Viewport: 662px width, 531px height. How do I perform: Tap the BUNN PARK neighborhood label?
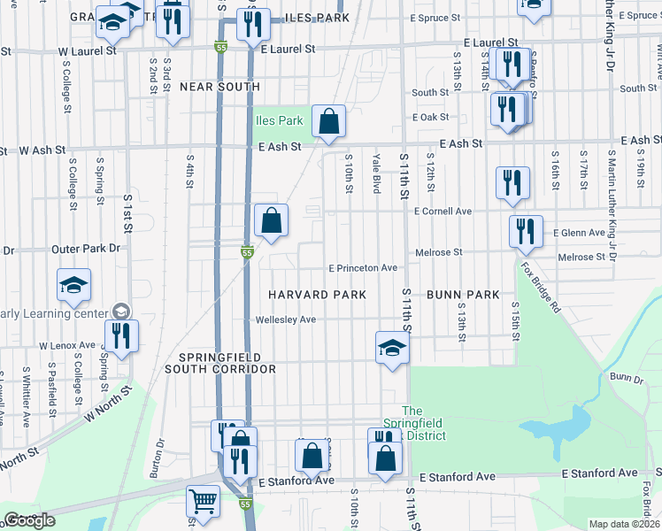pyautogui.click(x=463, y=294)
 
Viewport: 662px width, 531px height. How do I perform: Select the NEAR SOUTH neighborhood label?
pyautogui.click(x=219, y=87)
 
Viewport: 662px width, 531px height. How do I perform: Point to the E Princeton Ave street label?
pyautogui.click(x=363, y=267)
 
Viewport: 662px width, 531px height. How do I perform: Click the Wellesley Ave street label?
pyautogui.click(x=285, y=319)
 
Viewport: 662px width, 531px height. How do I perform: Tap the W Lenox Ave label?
pyautogui.click(x=66, y=345)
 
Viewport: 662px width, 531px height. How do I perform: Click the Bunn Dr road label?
pyautogui.click(x=626, y=378)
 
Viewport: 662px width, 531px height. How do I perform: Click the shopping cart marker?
pyautogui.click(x=203, y=502)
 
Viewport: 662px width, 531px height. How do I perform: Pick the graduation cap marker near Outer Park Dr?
pyautogui.click(x=74, y=284)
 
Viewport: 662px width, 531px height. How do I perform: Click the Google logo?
pyautogui.click(x=29, y=520)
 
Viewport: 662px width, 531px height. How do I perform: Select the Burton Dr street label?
pyautogui.click(x=160, y=458)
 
